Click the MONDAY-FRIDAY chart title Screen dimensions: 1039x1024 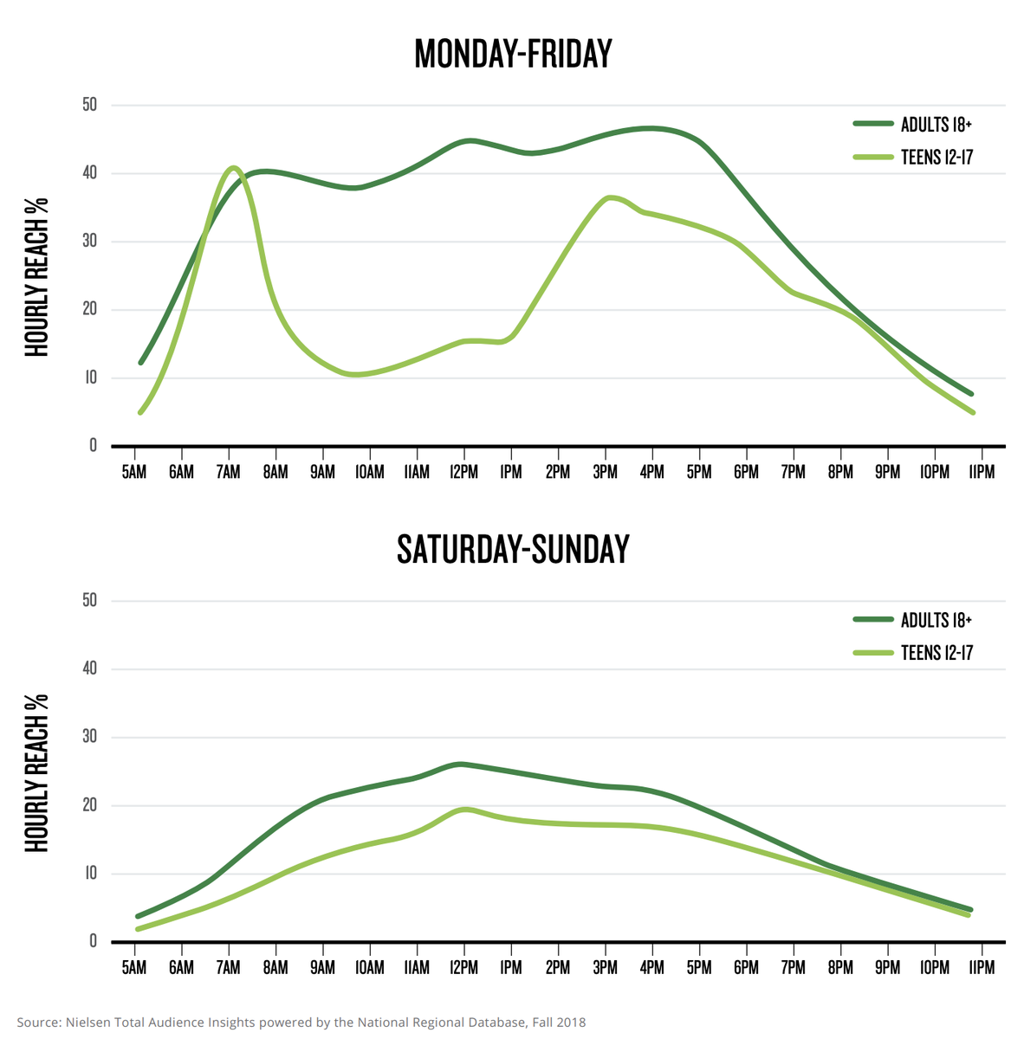coord(513,54)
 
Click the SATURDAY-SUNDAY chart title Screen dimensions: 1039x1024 coord(513,550)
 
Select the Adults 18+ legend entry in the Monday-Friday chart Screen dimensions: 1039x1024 coord(936,125)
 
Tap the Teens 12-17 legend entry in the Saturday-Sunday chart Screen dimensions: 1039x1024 coord(936,653)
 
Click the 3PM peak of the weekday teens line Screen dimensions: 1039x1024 coord(609,197)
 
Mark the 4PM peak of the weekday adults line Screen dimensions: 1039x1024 coord(650,128)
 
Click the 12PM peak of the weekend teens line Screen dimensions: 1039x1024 coord(464,809)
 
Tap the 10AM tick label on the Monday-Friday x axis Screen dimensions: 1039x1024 coord(369,473)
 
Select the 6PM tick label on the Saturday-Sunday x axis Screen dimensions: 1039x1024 coord(746,968)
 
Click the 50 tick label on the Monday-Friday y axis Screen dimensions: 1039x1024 coord(89,105)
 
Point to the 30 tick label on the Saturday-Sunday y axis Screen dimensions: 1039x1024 coord(89,737)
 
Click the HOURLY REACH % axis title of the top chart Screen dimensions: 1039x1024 coord(36,277)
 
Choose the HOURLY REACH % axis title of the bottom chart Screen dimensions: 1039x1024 coord(36,772)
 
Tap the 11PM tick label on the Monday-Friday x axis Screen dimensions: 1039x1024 coord(981,473)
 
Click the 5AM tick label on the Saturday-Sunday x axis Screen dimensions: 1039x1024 coord(134,968)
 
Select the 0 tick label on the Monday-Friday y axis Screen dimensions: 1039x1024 coord(93,446)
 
